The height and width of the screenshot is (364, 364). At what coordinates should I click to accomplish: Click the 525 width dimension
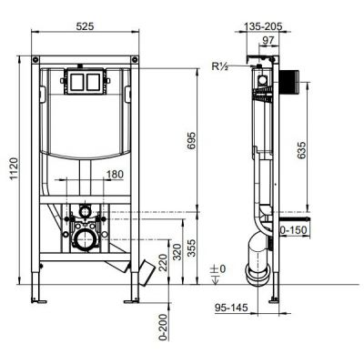point(85,26)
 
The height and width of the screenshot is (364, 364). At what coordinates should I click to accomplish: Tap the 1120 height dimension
point(15,168)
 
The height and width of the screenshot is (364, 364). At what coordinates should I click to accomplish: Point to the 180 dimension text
point(115,175)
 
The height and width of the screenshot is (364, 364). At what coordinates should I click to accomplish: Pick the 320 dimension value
point(177,252)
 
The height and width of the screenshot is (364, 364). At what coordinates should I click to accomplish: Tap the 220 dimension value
point(163,263)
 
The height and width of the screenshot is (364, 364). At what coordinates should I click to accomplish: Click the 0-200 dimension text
point(163,327)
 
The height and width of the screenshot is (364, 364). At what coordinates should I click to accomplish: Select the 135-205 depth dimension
point(263,26)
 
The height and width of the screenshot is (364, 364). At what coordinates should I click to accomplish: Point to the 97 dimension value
point(268,40)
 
